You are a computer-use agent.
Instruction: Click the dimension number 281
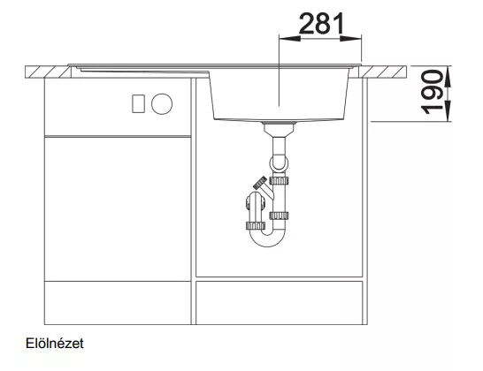[x=321, y=23]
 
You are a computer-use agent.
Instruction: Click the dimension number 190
[x=432, y=92]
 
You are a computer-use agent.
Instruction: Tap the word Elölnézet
[x=55, y=344]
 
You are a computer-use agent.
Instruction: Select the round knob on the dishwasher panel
[x=162, y=104]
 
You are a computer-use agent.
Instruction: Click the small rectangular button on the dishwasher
[x=138, y=104]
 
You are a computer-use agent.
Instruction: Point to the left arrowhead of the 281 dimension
[x=289, y=39]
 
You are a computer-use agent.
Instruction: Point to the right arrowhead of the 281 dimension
[x=350, y=39]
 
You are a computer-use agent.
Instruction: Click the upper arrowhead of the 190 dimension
[x=448, y=77]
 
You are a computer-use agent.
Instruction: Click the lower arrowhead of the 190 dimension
[x=448, y=110]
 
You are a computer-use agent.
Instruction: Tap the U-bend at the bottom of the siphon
[x=267, y=239]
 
